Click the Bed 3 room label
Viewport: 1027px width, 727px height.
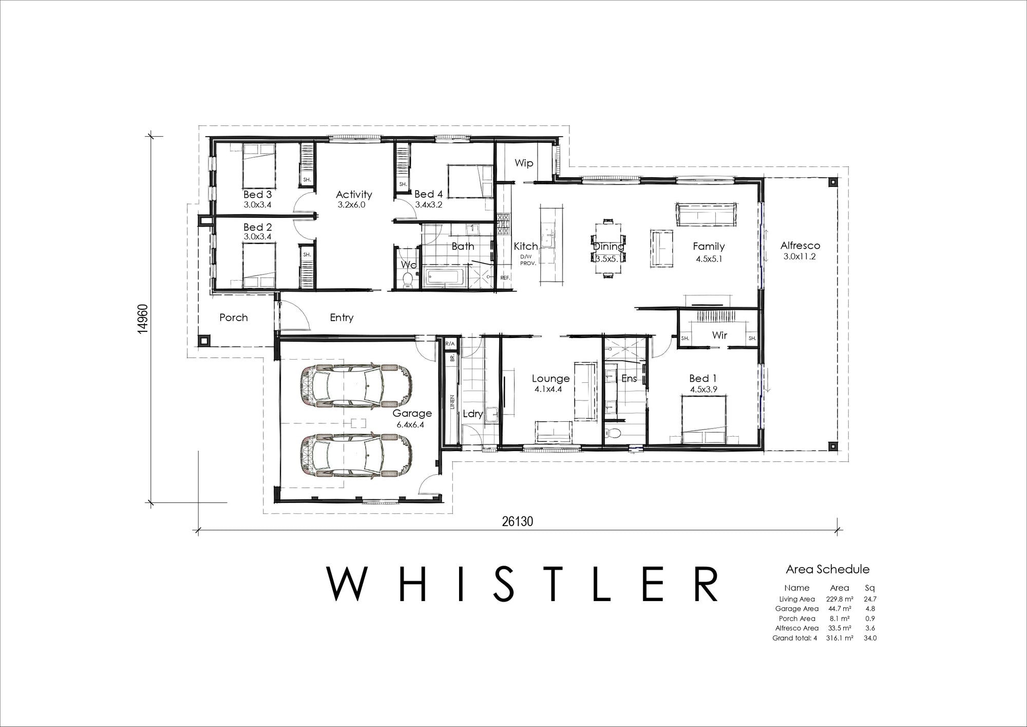257,195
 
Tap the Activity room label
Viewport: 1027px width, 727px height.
354,195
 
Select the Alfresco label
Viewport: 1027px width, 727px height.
800,246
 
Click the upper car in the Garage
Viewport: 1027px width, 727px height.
356,386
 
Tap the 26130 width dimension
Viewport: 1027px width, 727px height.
518,521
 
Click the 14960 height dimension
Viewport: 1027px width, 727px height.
143,319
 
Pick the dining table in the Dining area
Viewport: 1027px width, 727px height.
608,249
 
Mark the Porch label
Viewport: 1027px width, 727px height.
234,318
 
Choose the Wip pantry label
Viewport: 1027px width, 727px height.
524,163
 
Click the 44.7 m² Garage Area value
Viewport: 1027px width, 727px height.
840,609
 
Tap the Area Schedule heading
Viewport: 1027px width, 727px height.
828,569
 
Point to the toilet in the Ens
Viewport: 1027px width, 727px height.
613,432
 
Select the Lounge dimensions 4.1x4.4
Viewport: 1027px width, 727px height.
548,389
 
